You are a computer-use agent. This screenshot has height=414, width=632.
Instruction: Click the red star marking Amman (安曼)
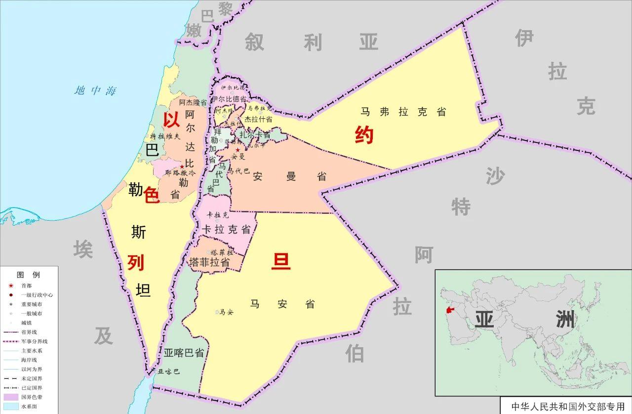click(x=237, y=150)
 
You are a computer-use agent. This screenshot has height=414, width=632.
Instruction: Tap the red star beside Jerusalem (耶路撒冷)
click(x=182, y=167)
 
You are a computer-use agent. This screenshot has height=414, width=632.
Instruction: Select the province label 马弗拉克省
click(x=403, y=112)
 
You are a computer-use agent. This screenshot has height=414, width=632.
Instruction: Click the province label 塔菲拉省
click(x=210, y=263)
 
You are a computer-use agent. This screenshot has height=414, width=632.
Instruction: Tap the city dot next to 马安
click(x=217, y=312)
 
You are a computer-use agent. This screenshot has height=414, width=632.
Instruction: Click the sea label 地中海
click(x=95, y=91)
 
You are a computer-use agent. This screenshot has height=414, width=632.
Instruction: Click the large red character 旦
click(x=281, y=261)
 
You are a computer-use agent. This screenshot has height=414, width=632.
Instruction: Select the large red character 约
click(x=364, y=135)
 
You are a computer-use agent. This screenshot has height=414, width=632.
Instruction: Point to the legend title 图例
click(x=28, y=275)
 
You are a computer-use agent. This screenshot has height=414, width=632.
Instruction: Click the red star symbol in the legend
click(x=10, y=286)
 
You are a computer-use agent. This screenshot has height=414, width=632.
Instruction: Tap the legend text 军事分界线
click(x=34, y=341)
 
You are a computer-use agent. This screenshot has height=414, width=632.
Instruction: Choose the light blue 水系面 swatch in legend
click(x=10, y=407)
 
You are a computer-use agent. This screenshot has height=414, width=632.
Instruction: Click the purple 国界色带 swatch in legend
click(x=10, y=397)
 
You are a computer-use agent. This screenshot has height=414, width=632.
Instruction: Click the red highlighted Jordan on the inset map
click(x=449, y=311)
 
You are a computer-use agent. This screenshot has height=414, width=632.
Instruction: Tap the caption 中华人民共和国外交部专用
click(x=567, y=407)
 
